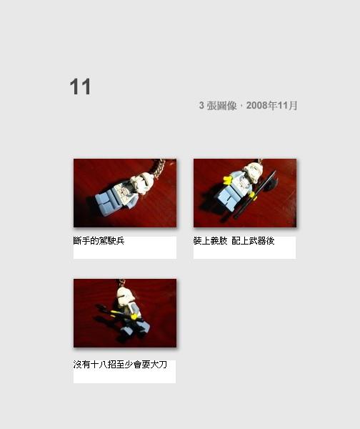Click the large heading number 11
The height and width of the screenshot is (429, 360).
(80, 87)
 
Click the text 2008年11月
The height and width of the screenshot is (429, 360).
(271, 105)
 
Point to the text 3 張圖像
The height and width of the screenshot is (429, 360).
(218, 105)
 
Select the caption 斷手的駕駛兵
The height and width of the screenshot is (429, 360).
(99, 241)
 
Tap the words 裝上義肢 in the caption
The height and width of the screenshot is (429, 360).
(210, 241)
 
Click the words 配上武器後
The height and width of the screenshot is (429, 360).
(253, 241)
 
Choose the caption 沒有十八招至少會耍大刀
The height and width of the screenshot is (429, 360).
(120, 365)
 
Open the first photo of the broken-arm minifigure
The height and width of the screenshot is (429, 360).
(125, 193)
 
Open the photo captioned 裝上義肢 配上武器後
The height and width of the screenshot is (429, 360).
(245, 193)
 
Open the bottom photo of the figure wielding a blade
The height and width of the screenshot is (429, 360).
(125, 313)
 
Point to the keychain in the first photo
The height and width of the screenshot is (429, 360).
(159, 168)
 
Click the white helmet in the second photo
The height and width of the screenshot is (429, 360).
(254, 172)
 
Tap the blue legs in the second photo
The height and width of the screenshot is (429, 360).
(227, 200)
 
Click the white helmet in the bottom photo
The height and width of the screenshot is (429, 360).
(125, 296)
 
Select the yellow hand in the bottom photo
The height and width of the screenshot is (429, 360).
(134, 317)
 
